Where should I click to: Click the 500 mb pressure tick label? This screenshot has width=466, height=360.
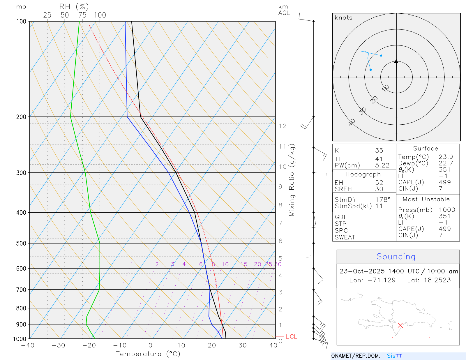point(21,243)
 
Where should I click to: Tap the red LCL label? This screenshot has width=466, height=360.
point(291,337)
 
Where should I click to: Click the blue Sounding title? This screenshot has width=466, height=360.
point(396,257)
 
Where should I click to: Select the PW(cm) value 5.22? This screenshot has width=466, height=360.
point(382,165)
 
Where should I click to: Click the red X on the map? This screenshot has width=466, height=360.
point(400,325)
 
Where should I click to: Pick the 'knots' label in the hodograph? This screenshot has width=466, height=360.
point(343,18)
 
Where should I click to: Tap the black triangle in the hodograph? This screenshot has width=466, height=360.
point(396,61)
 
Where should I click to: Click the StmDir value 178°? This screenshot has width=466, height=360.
point(383,200)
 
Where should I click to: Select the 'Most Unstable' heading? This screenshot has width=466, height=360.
point(426,200)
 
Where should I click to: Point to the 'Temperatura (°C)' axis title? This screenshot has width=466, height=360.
point(148,354)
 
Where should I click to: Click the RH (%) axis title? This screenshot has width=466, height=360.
point(74,7)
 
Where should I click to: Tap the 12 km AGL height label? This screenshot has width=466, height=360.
point(283,126)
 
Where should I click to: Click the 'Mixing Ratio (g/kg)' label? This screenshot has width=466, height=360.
point(292,180)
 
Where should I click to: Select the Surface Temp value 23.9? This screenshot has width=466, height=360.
point(446,157)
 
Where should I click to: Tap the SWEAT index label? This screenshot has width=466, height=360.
point(345,237)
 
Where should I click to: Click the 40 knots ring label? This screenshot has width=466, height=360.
point(352,122)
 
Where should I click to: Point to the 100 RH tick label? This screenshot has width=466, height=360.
point(100,15)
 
